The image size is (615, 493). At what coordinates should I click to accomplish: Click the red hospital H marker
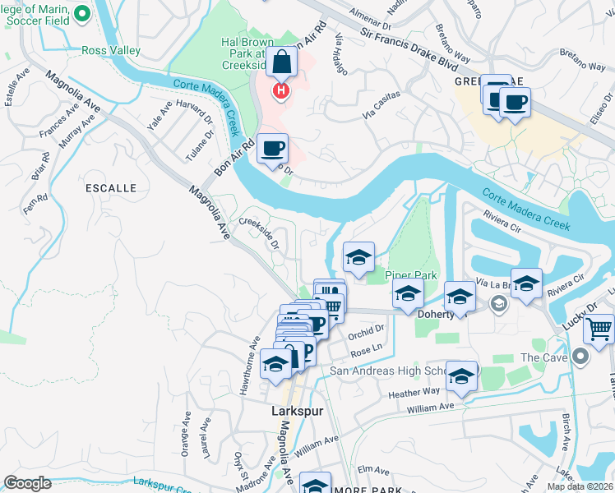point(281,90)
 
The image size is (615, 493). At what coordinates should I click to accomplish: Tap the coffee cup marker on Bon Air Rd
point(273,149)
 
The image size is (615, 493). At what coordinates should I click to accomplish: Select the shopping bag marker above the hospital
point(281,62)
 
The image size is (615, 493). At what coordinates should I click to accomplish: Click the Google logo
point(27,483)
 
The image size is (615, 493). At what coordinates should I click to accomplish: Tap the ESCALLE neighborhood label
point(111,188)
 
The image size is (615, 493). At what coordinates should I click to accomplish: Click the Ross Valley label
point(111,50)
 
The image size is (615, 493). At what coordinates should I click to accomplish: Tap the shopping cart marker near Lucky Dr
point(599,329)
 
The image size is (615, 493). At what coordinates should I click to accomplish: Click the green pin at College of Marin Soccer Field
point(82,13)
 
